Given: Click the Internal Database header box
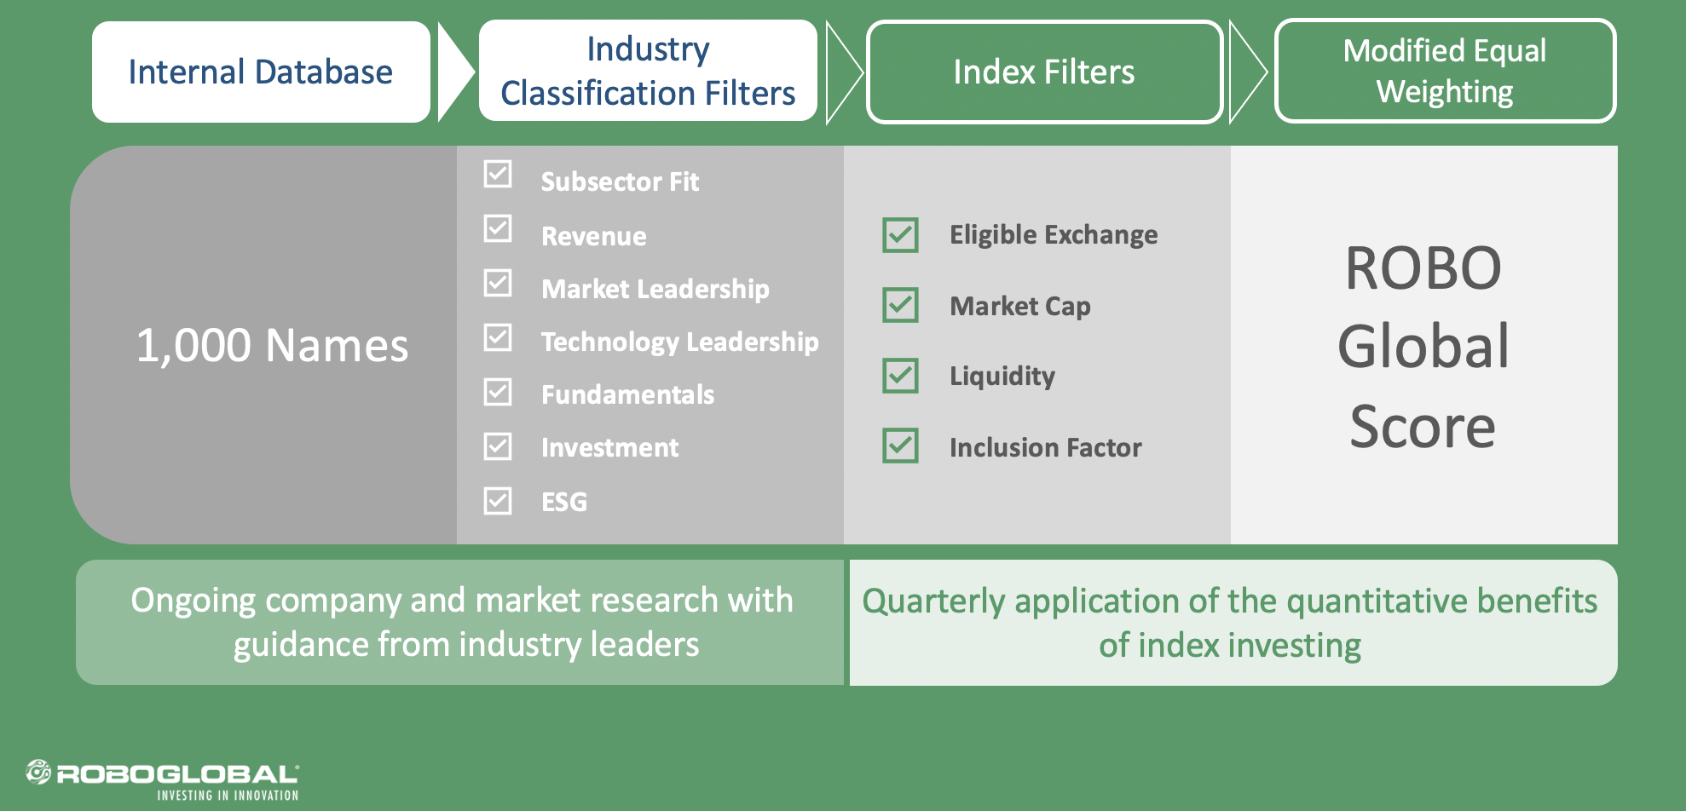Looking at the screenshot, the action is [x=261, y=72].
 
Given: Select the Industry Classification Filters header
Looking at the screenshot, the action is [x=648, y=71].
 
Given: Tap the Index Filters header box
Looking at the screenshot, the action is [x=1044, y=72].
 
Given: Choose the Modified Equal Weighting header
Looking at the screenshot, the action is [x=1445, y=71].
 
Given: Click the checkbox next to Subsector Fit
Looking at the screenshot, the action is [x=498, y=174].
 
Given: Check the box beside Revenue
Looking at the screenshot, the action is [x=498, y=228].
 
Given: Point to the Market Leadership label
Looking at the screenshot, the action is [x=655, y=290].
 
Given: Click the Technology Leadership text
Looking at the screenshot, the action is [x=680, y=342].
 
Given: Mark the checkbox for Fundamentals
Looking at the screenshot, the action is [x=498, y=392].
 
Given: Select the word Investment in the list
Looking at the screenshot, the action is [x=610, y=447].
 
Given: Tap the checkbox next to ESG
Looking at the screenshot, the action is [x=498, y=501].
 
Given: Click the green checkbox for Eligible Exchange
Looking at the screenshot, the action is [x=900, y=235].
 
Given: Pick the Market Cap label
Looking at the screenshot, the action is [x=1020, y=307].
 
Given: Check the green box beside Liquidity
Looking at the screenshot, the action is [x=900, y=376].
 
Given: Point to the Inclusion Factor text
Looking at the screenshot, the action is [x=1046, y=447].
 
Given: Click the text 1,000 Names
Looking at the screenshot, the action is [x=273, y=346].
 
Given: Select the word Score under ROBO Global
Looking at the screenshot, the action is [x=1423, y=426].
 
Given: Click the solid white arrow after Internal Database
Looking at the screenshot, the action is [x=454, y=72].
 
